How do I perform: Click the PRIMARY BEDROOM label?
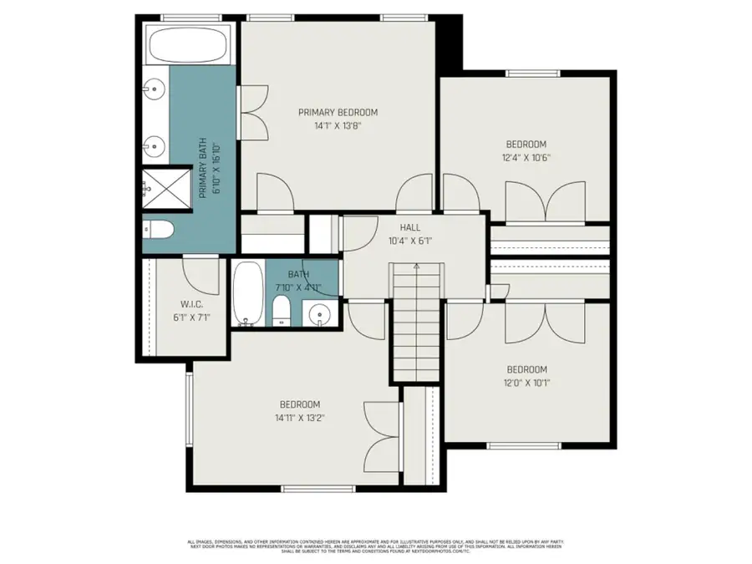point(338,112)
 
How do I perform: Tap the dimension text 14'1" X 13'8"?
point(338,126)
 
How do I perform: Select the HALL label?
point(409,226)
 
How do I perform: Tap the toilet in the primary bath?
point(158,230)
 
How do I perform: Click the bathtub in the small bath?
point(246,295)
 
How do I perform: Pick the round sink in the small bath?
point(318,315)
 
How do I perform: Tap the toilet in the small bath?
point(281,312)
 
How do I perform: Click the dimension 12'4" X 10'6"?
point(526,157)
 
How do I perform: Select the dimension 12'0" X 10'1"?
point(526,384)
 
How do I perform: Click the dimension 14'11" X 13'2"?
point(299,418)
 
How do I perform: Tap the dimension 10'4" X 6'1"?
point(409,241)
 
